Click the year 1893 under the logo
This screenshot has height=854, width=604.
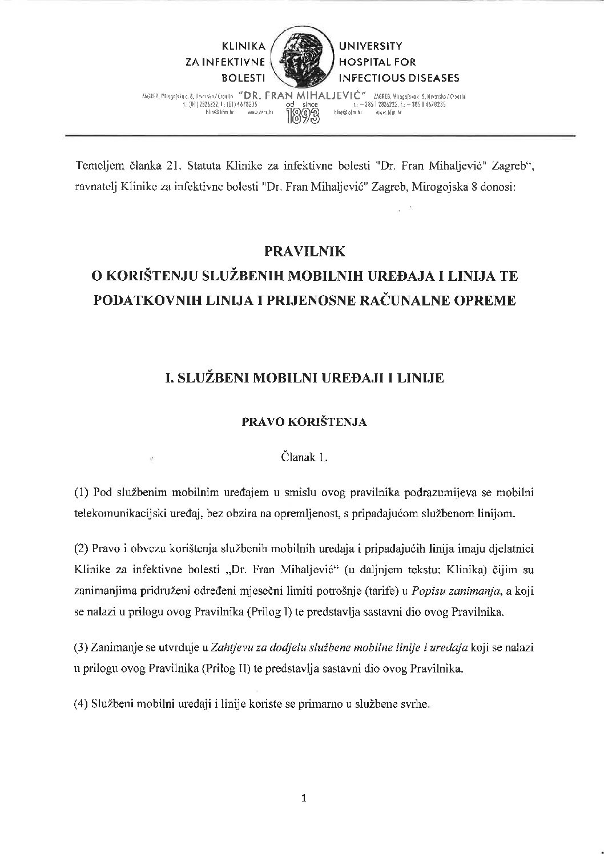pyautogui.click(x=303, y=116)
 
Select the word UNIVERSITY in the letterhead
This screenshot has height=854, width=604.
pyautogui.click(x=371, y=46)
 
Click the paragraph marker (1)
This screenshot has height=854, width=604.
pyautogui.click(x=80, y=492)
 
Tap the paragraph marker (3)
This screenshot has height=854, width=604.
pyautogui.click(x=80, y=647)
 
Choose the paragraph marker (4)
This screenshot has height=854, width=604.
pyautogui.click(x=80, y=704)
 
